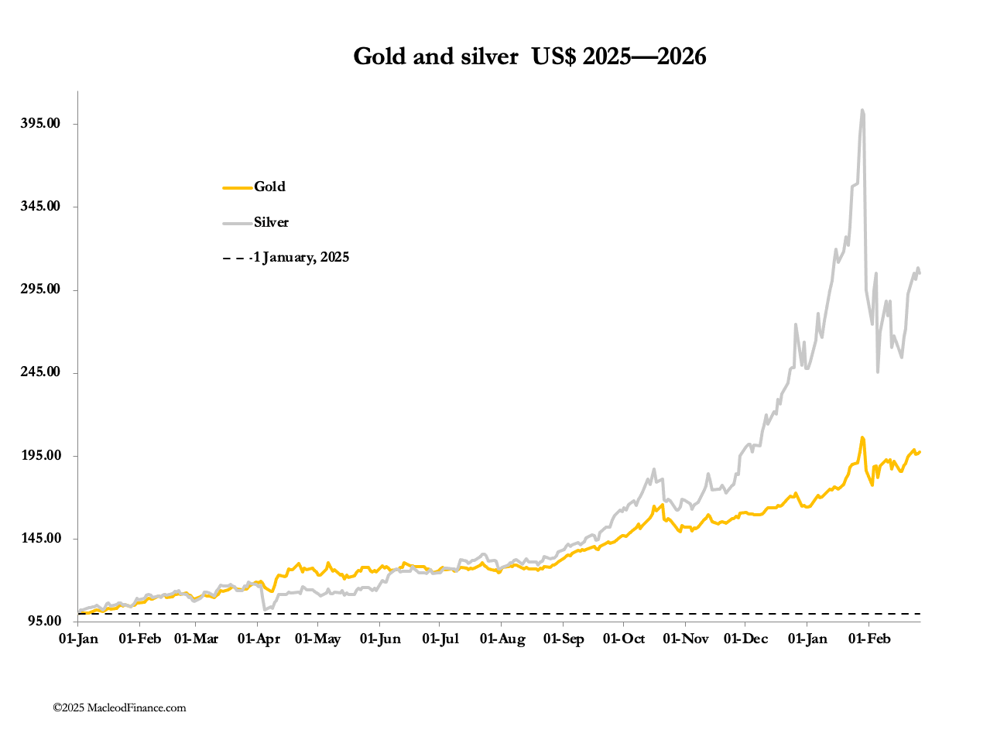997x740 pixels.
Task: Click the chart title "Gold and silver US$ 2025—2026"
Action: click(x=529, y=57)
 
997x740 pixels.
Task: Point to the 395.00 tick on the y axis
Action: click(x=39, y=124)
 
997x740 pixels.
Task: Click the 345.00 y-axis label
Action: click(x=39, y=207)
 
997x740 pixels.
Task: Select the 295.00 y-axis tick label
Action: click(x=39, y=289)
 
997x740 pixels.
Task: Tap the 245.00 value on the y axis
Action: click(x=39, y=372)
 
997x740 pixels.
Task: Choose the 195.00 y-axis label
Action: click(x=39, y=455)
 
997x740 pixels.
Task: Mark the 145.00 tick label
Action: click(x=39, y=538)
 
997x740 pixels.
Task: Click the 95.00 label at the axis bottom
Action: click(x=43, y=621)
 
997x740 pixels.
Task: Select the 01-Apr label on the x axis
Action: click(x=259, y=639)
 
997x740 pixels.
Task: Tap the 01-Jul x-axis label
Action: click(x=440, y=639)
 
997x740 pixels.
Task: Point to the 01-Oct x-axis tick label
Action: click(x=623, y=639)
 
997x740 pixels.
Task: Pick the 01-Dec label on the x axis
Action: click(x=745, y=639)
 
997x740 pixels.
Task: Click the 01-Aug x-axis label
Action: click(x=502, y=639)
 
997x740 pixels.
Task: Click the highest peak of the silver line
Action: click(x=862, y=111)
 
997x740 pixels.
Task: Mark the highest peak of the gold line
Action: click(x=862, y=438)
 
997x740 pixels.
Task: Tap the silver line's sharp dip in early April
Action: click(x=266, y=609)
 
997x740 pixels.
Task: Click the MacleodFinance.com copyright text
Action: click(x=119, y=707)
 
